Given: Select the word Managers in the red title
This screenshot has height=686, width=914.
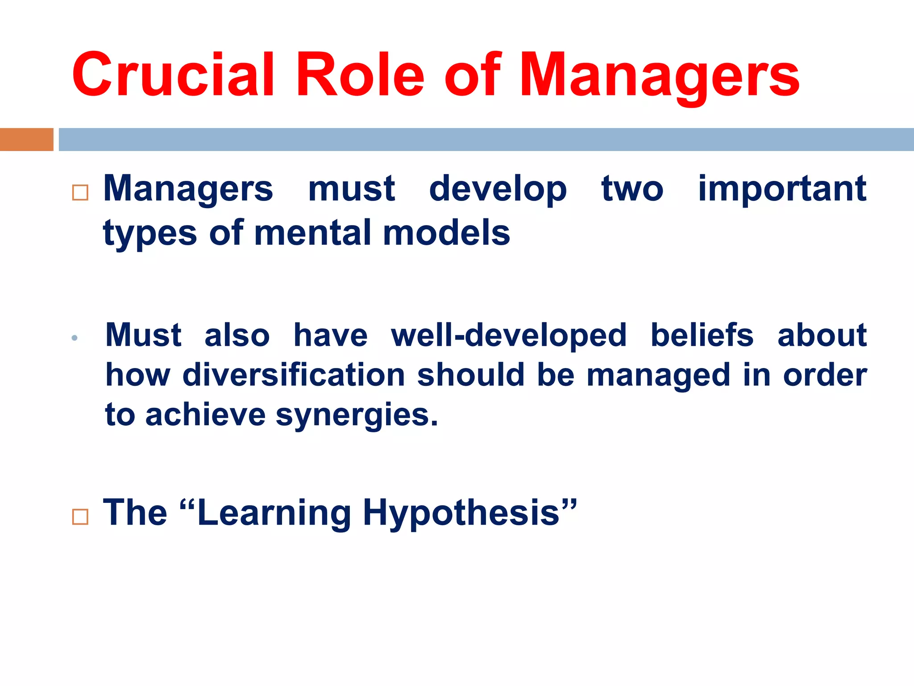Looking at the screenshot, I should coord(660,77).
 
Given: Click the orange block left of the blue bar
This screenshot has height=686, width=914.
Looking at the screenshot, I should coord(26,139).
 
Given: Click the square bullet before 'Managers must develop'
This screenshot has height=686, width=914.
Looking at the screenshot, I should coord(80,192).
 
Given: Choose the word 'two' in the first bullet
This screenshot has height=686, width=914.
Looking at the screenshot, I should coord(632,189).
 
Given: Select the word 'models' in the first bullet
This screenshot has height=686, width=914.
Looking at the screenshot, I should coord(446,233).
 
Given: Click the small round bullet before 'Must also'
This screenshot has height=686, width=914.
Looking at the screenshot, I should coord(75,338).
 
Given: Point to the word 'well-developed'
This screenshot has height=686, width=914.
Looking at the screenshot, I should coord(509,335).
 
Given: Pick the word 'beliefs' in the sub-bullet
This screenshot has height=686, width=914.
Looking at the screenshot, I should coord(702,335).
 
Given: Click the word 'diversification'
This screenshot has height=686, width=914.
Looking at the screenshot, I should coord(294,375).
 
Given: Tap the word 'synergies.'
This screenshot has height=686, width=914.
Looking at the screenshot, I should coord(357,415).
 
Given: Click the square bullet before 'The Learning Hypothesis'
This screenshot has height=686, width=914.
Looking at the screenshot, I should coord(80,517).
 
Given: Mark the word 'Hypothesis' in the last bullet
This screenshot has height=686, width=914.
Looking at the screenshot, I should coord(461,514).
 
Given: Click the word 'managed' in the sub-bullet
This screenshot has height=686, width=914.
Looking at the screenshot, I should coord(658,376).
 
